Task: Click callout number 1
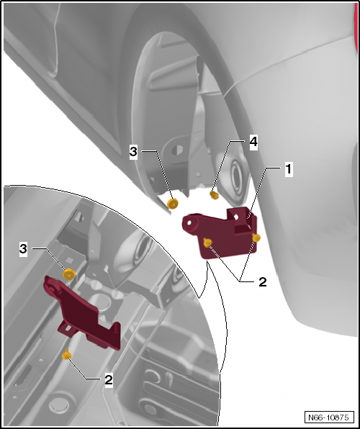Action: click(289, 169)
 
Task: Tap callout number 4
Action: click(253, 143)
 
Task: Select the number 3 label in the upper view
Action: click(133, 152)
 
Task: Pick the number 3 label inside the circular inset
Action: click(23, 249)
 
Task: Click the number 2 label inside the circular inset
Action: click(109, 380)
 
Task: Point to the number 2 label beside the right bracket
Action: click(263, 282)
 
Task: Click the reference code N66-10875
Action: click(328, 417)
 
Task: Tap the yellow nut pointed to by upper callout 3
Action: click(173, 204)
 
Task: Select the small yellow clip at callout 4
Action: click(215, 195)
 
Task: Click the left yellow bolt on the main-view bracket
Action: click(208, 243)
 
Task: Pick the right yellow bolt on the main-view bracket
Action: click(256, 238)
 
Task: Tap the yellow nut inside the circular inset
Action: click(69, 274)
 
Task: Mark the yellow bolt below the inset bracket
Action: click(66, 355)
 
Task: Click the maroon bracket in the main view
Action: click(219, 235)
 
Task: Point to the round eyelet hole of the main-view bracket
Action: click(189, 223)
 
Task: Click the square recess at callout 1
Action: click(243, 222)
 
